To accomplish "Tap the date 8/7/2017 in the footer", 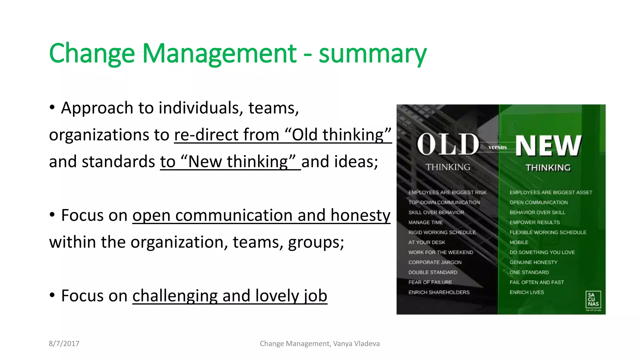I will pyautogui.click(x=64, y=344).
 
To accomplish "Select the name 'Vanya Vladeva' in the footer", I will pyautogui.click(x=356, y=344).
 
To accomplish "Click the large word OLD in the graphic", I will pyautogui.click(x=448, y=145).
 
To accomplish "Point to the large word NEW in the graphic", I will pyautogui.click(x=548, y=146).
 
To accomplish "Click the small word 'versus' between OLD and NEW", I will pyautogui.click(x=497, y=147).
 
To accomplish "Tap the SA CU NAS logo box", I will pyautogui.click(x=593, y=300).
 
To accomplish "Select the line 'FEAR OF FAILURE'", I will pyautogui.click(x=430, y=282).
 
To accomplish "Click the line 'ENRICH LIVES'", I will pyautogui.click(x=527, y=292).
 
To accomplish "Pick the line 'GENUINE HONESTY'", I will pyautogui.click(x=533, y=262).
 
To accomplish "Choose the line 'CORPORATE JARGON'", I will pyautogui.click(x=435, y=262).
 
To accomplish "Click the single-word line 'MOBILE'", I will pyautogui.click(x=519, y=242).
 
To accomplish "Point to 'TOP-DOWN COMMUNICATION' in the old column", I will pyautogui.click(x=444, y=202).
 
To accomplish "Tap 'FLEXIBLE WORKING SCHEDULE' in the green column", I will pyautogui.click(x=548, y=232).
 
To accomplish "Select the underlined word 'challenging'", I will pyautogui.click(x=175, y=296).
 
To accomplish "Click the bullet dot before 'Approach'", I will pyautogui.click(x=52, y=107).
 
